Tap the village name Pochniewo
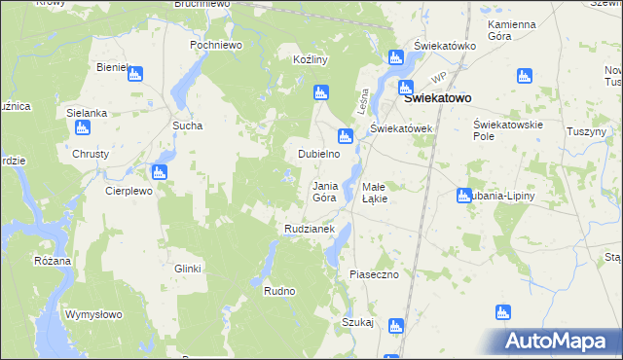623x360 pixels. (x=216, y=45)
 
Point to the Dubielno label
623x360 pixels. (x=318, y=154)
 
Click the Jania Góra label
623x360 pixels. (x=325, y=191)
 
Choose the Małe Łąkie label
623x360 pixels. (x=375, y=192)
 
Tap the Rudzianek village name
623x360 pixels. (x=310, y=229)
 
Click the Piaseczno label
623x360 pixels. (x=375, y=274)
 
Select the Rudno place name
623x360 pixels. (x=279, y=290)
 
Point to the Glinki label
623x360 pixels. (x=187, y=269)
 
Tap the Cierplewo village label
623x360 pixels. (x=129, y=192)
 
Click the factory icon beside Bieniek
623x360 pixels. (x=135, y=73)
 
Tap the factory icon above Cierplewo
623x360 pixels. (x=160, y=172)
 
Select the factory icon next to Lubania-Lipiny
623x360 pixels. (x=463, y=196)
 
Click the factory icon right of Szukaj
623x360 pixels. (x=395, y=326)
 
